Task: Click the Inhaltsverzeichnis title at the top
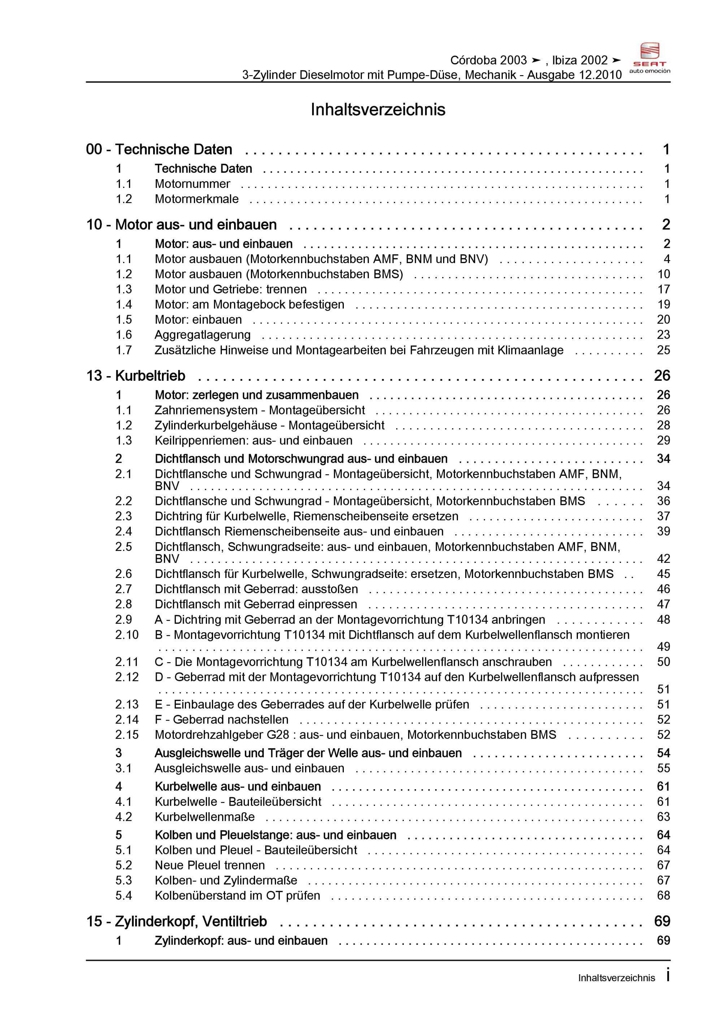(x=377, y=109)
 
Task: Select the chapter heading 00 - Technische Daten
(x=159, y=150)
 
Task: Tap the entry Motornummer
(x=192, y=184)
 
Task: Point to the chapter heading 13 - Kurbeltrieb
(x=136, y=376)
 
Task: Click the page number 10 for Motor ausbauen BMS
(x=663, y=274)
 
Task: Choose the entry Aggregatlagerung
(x=203, y=335)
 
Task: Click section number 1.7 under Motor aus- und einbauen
(x=124, y=350)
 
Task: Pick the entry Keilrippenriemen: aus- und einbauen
(x=253, y=441)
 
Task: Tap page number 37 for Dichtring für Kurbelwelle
(x=663, y=516)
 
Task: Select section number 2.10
(x=127, y=635)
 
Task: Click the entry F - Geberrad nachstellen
(x=221, y=720)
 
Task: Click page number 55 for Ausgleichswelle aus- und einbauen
(x=663, y=768)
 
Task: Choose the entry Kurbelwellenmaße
(x=204, y=817)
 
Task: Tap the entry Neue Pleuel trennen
(x=209, y=865)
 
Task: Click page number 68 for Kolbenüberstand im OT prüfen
(x=663, y=896)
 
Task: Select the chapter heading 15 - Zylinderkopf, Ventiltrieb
(x=177, y=922)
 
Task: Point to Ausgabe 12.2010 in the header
(x=574, y=75)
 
